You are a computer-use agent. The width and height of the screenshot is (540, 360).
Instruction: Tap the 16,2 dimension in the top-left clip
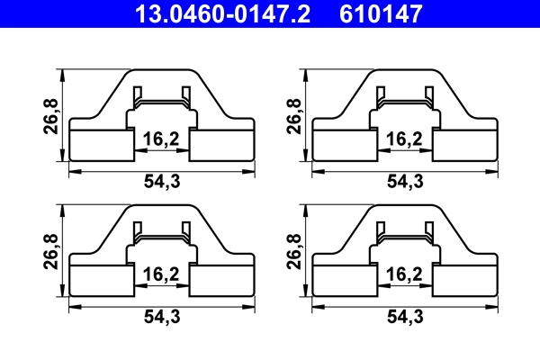point(159,139)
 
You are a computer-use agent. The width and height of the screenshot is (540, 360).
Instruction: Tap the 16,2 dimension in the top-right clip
point(403,139)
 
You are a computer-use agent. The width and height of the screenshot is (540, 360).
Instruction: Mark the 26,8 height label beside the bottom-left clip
point(50,251)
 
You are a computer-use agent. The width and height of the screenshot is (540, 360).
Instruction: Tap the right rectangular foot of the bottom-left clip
point(222,280)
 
